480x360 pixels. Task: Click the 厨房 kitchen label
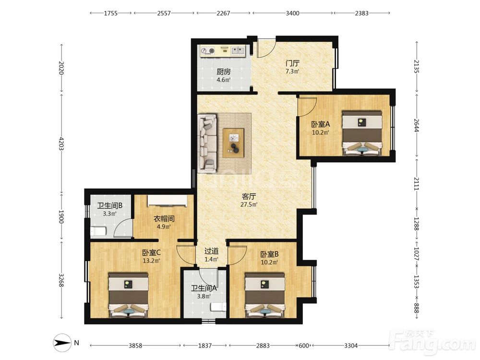tap(224, 72)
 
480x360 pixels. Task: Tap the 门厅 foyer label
tap(292, 63)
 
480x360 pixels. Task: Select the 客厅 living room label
tap(249, 196)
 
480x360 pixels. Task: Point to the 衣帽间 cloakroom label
tap(164, 219)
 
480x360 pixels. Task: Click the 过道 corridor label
tap(212, 252)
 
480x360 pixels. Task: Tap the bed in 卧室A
tap(362, 133)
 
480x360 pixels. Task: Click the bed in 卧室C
tap(129, 295)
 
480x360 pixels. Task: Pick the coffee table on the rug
tap(234, 143)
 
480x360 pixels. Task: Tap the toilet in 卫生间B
tap(98, 231)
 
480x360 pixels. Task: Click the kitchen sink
tap(238, 50)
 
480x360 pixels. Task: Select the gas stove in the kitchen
tap(207, 51)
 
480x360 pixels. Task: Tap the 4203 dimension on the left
tap(61, 144)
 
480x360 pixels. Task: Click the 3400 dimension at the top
tap(292, 13)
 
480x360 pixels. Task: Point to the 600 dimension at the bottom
tap(304, 346)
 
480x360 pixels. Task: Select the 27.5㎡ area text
tap(249, 204)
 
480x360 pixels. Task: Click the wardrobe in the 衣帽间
tap(167, 201)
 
